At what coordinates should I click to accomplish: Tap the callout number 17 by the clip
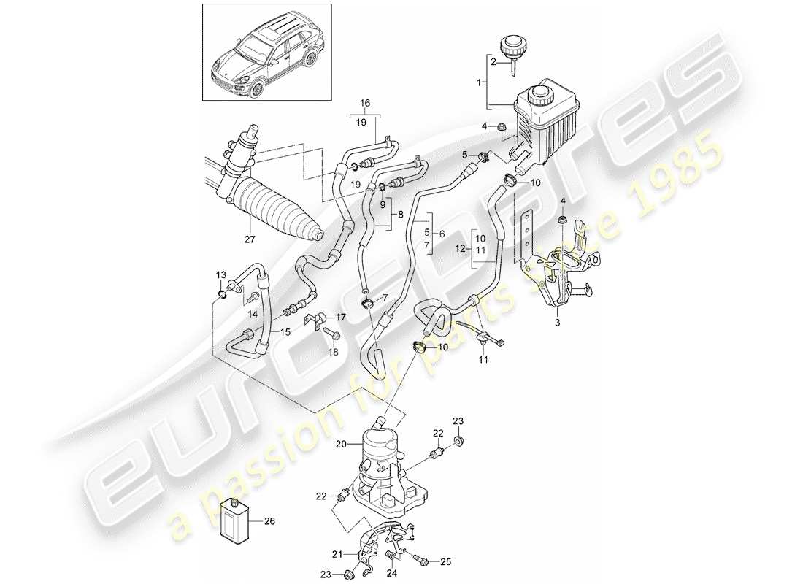click(x=340, y=318)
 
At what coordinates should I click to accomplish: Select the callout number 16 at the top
click(x=365, y=102)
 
